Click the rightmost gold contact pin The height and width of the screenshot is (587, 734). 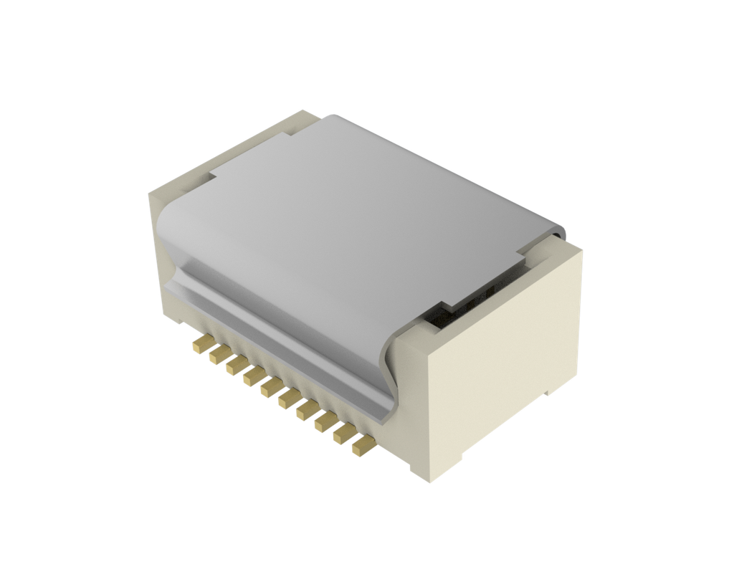click(361, 446)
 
